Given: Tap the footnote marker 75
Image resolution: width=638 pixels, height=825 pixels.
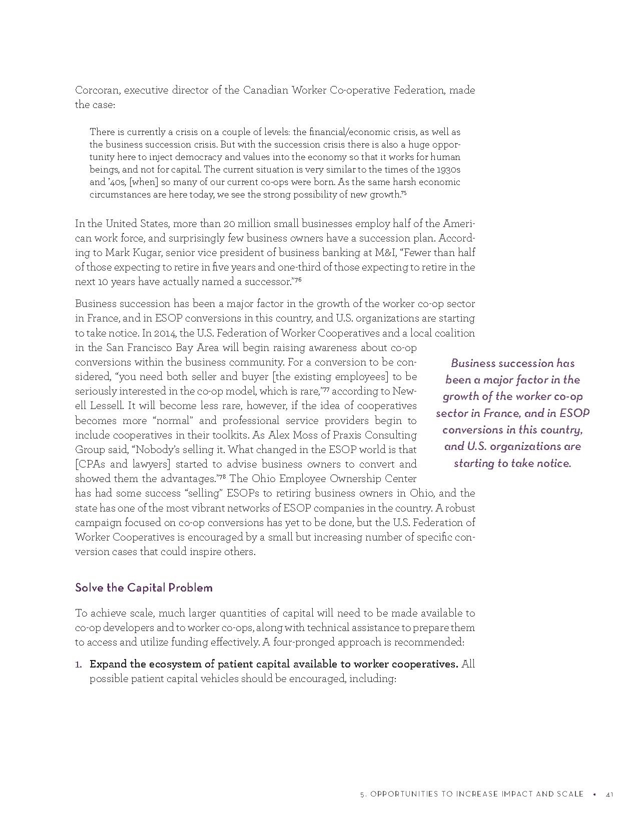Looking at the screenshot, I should tap(404, 193).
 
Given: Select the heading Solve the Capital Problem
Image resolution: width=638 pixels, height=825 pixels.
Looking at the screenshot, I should tap(144, 587).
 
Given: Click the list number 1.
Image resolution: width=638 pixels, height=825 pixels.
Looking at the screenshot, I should tap(78, 664).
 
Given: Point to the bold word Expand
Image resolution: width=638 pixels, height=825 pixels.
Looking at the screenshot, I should tap(107, 664).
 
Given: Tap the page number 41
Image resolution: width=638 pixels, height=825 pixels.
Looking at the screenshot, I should tap(609, 794).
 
